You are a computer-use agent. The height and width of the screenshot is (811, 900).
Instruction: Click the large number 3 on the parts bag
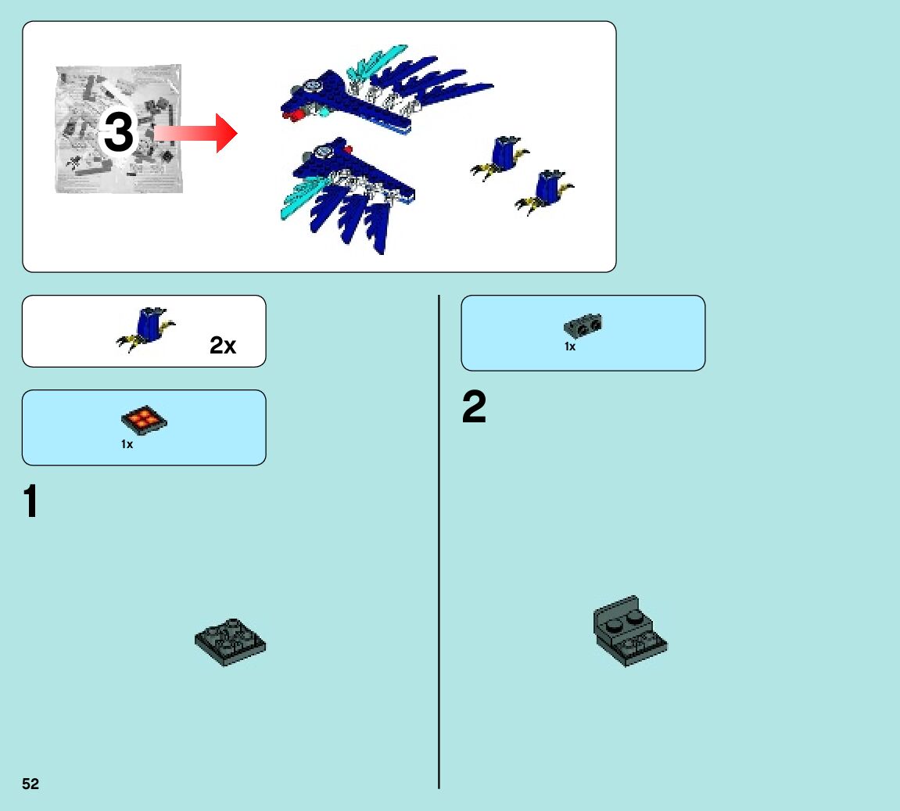(118, 133)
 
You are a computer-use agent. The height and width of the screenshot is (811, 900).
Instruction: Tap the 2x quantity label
(223, 346)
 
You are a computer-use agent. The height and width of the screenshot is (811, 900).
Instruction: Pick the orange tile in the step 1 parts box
(144, 421)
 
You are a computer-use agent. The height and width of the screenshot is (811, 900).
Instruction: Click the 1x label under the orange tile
(127, 444)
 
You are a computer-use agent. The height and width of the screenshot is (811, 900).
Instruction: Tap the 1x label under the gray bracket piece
(570, 346)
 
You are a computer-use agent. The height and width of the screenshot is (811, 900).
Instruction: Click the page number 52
(30, 784)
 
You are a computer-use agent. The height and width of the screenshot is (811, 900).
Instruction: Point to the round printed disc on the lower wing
(321, 149)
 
